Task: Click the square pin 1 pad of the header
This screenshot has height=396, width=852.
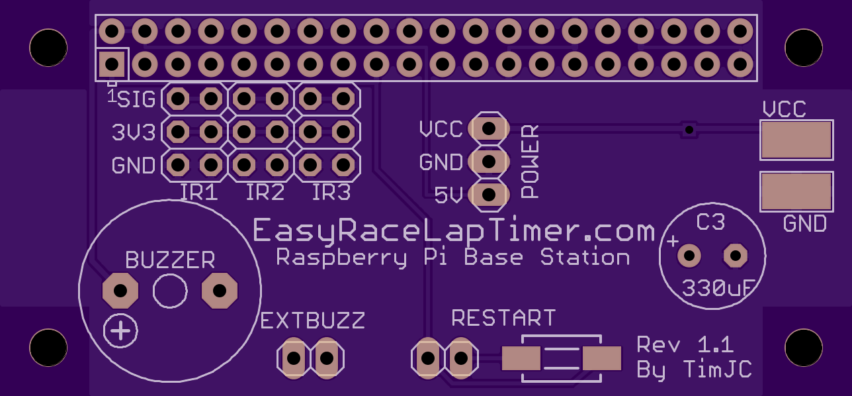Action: pyautogui.click(x=112, y=64)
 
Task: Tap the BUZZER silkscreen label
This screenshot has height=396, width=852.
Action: pyautogui.click(x=170, y=260)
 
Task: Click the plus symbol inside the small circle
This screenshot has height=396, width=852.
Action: pyautogui.click(x=120, y=330)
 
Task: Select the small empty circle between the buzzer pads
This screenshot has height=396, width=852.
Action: pyautogui.click(x=170, y=291)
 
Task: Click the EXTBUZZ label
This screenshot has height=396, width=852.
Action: pyautogui.click(x=313, y=321)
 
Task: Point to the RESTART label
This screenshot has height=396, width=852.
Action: pyautogui.click(x=503, y=318)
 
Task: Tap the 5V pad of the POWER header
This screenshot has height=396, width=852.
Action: pyautogui.click(x=489, y=195)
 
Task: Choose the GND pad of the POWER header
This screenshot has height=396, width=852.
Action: pyautogui.click(x=489, y=162)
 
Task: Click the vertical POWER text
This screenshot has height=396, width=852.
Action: pyautogui.click(x=530, y=162)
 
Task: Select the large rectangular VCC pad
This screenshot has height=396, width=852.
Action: pyautogui.click(x=796, y=140)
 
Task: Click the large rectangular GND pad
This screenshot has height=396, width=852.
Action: pyautogui.click(x=796, y=191)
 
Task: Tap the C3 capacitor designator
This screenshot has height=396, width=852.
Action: pyautogui.click(x=710, y=222)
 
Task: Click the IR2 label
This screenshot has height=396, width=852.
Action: pyautogui.click(x=265, y=192)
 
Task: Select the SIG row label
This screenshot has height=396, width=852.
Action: pyautogui.click(x=136, y=99)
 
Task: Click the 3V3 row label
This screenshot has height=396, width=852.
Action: pyautogui.click(x=134, y=132)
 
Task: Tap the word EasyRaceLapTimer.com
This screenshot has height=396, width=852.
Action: pyautogui.click(x=454, y=230)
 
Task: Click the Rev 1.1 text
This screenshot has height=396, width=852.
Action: pyautogui.click(x=685, y=344)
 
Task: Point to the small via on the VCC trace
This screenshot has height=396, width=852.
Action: pyautogui.click(x=689, y=130)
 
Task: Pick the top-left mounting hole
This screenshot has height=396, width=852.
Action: pyautogui.click(x=48, y=48)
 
